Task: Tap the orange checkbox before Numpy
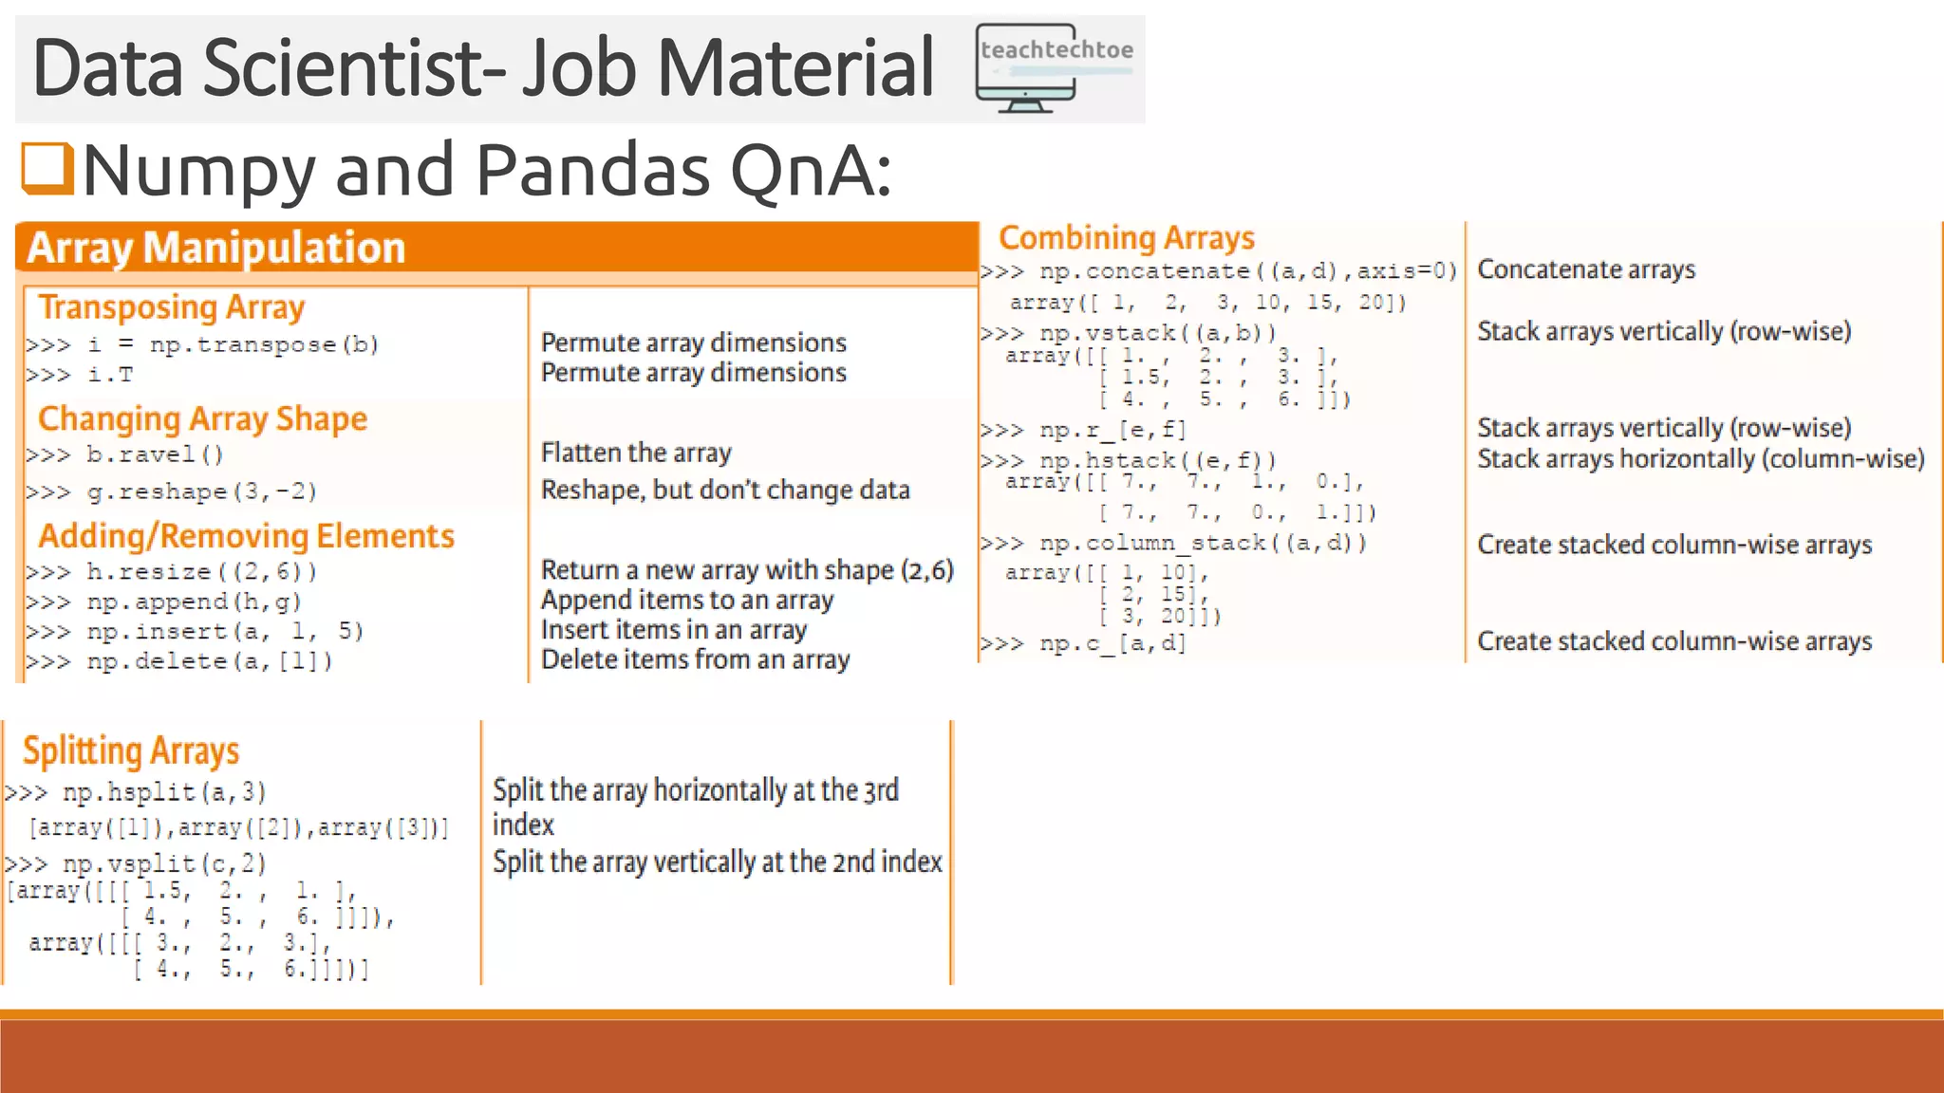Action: [47, 169]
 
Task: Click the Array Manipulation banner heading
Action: [216, 248]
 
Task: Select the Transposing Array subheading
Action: [172, 307]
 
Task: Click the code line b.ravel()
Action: [155, 455]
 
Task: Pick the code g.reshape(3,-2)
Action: [201, 491]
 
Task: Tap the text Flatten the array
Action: [636, 453]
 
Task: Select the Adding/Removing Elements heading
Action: [247, 536]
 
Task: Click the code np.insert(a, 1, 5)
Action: [225, 632]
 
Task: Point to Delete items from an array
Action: [695, 659]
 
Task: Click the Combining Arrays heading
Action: [1127, 237]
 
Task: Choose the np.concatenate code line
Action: [1247, 271]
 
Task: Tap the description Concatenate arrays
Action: [1586, 269]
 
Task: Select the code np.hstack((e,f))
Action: [1157, 460]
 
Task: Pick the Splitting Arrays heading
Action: [131, 750]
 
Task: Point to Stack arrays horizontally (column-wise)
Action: [1700, 459]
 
